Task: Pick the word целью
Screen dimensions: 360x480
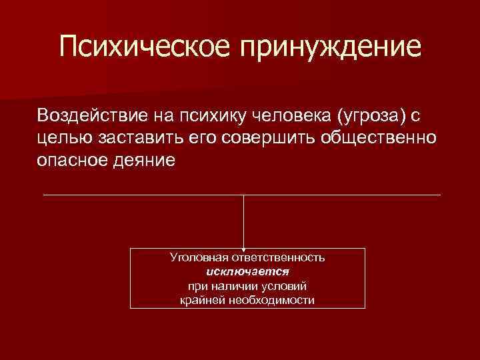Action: [60, 138]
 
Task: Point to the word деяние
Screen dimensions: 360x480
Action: [147, 161]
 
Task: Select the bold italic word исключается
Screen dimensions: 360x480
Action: [247, 271]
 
